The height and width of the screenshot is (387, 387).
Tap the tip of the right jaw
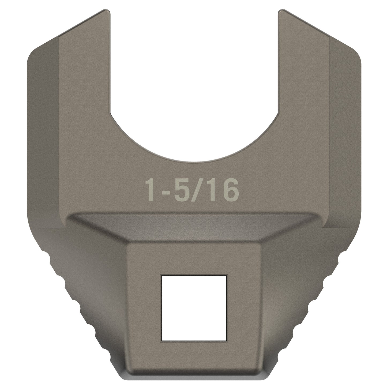282,12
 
